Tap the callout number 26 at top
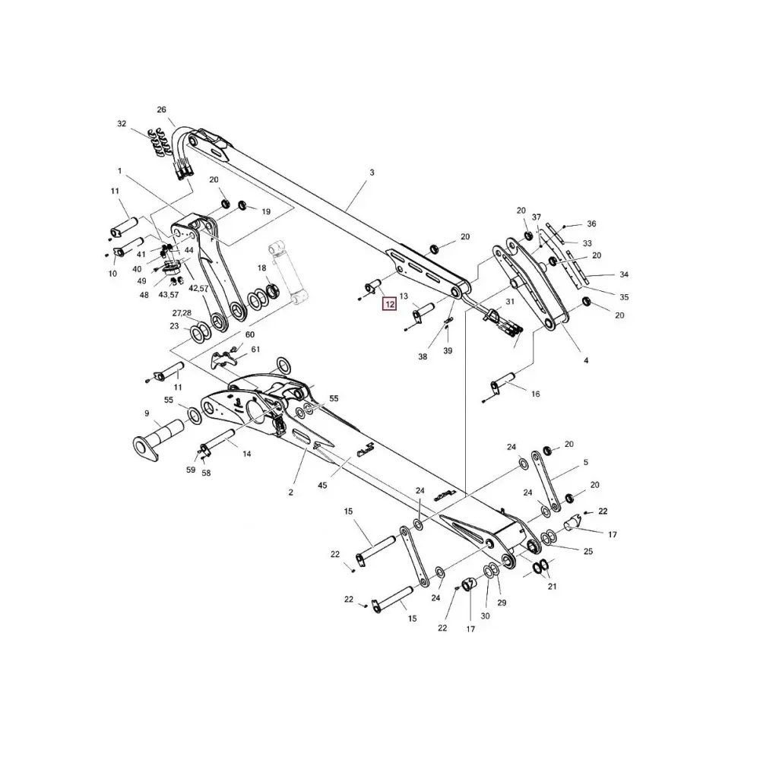pyautogui.click(x=161, y=110)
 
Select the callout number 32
pyautogui.click(x=122, y=123)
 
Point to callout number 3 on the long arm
pyautogui.click(x=372, y=173)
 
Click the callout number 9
pyautogui.click(x=147, y=413)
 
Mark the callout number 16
pyautogui.click(x=535, y=394)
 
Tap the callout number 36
pyautogui.click(x=591, y=223)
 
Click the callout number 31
pyautogui.click(x=510, y=302)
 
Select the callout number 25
pyautogui.click(x=587, y=551)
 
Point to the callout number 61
pyautogui.click(x=255, y=350)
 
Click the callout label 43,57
pyautogui.click(x=168, y=294)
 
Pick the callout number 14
pyautogui.click(x=246, y=454)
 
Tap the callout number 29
pyautogui.click(x=502, y=603)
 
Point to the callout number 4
pyautogui.click(x=586, y=359)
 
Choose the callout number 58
pyautogui.click(x=206, y=473)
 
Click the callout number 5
pyautogui.click(x=586, y=462)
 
